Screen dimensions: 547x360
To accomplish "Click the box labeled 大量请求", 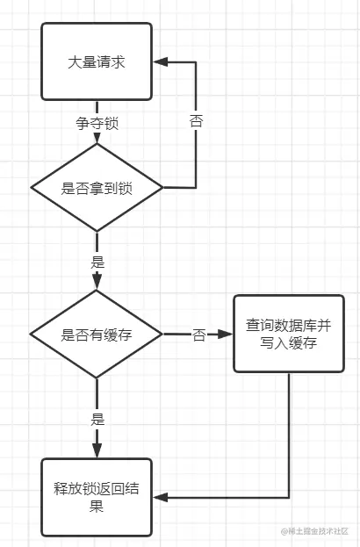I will point(97,61).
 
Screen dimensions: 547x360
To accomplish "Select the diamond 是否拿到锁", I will point(97,187).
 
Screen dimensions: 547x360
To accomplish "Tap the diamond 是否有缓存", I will point(97,335).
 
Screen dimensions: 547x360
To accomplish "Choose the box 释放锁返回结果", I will point(97,497).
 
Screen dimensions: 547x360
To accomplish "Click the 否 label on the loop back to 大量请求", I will point(196,121).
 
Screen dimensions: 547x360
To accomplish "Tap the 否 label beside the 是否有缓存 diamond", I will point(198,335).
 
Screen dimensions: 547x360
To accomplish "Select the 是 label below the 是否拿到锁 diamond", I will point(97,262).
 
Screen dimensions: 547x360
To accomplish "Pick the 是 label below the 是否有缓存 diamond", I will point(97,419).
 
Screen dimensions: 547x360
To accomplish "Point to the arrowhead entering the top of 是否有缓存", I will point(97,283).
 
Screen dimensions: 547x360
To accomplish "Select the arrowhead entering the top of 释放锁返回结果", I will point(97,451).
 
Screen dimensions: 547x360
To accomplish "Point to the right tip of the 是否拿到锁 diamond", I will point(162,187).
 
